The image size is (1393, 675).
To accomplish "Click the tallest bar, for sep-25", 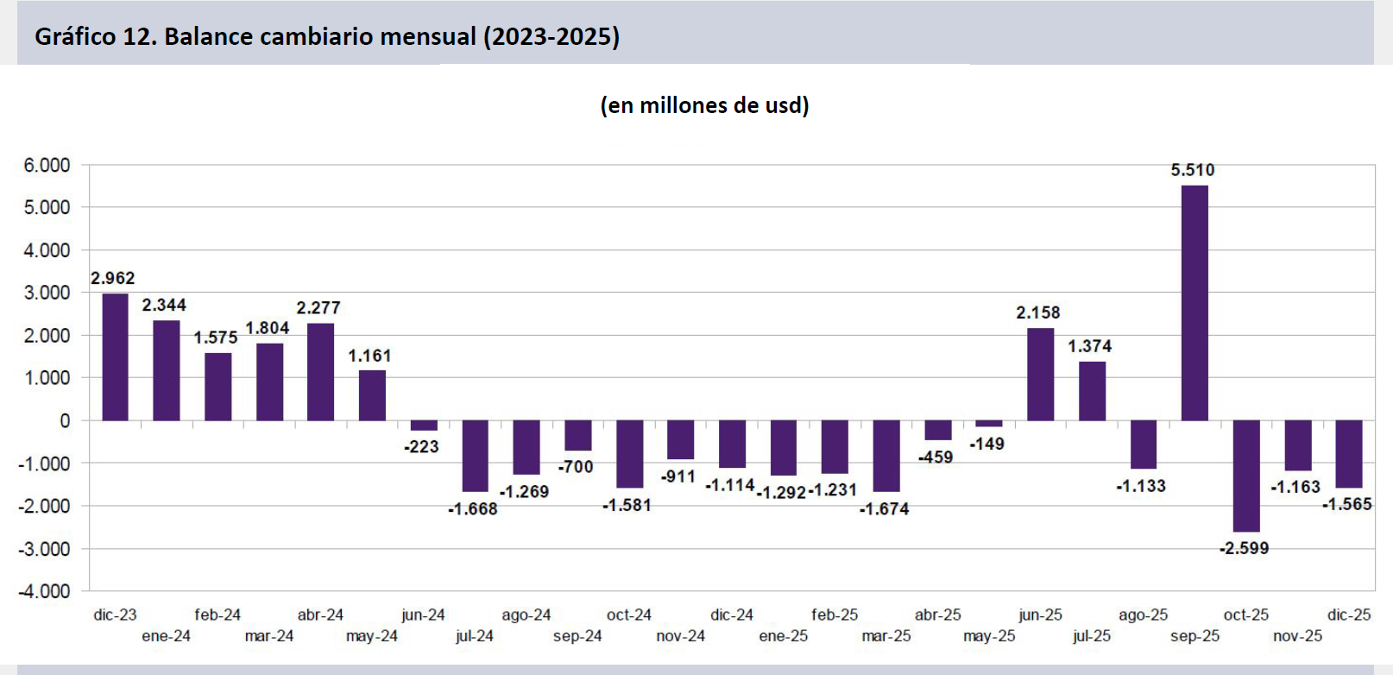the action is (1194, 303).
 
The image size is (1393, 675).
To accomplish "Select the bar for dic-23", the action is (115, 357).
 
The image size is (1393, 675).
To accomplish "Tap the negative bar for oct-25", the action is (1246, 476).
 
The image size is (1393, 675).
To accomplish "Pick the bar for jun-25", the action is (1040, 375).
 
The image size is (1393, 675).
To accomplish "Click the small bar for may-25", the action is (989, 424).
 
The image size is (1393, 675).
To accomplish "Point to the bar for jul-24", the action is (475, 456).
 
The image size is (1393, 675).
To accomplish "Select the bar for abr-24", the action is (320, 372).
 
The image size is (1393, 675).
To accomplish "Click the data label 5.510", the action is (1193, 170).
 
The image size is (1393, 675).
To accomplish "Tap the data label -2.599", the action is (1244, 548).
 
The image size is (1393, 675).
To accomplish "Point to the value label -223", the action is (421, 446).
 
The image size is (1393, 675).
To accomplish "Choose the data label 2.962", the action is (112, 278).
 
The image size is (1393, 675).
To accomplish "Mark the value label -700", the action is (575, 467).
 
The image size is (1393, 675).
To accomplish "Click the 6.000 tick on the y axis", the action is (47, 166).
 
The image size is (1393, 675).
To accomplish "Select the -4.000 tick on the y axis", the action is (44, 591).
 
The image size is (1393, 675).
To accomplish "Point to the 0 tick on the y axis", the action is (66, 421).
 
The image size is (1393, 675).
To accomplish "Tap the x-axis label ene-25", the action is (783, 636).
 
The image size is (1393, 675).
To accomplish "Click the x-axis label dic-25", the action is (1349, 615).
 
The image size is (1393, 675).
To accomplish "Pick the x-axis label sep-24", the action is (577, 636).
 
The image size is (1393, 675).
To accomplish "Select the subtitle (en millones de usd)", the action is (704, 105).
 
